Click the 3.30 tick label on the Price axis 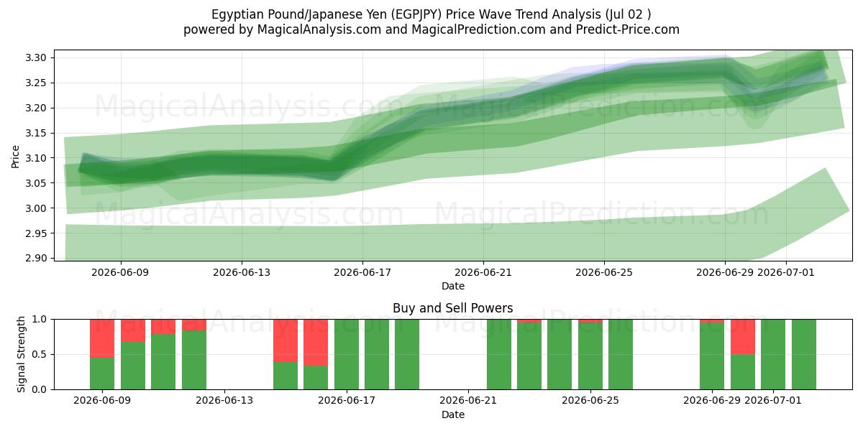click(36, 57)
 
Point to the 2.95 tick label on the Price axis click(36, 233)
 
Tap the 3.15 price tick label click(36, 133)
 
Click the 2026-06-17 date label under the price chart click(362, 272)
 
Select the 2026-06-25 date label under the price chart click(604, 272)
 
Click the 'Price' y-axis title click(15, 157)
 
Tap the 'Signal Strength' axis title click(21, 354)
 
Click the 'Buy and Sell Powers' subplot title click(452, 308)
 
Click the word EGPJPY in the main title click(417, 14)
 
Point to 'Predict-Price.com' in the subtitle click(628, 29)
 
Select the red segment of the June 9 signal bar click(102, 338)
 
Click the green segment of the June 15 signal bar click(286, 376)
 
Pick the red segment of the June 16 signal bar click(316, 343)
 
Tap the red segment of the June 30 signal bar click(743, 337)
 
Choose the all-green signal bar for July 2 click(804, 354)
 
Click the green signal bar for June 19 click(407, 354)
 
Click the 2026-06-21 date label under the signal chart click(468, 400)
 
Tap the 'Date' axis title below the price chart click(452, 286)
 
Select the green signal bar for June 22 click(499, 354)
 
